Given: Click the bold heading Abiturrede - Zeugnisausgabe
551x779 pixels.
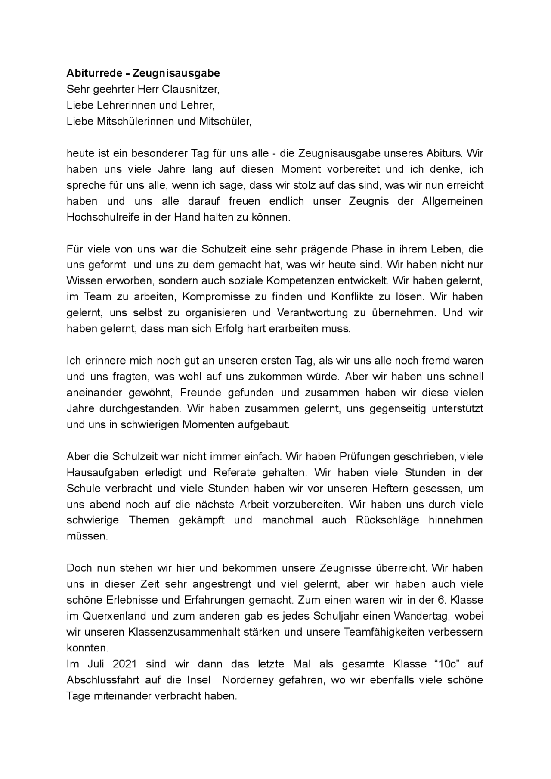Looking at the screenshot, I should click(x=143, y=73).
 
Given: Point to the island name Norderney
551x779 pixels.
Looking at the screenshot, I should click(x=249, y=680).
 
